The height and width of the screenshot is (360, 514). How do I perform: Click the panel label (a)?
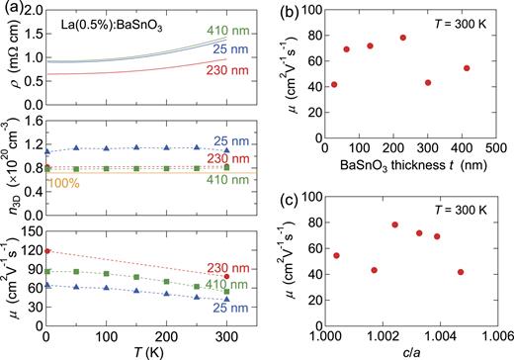point(12,8)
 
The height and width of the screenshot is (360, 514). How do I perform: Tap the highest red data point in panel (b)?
point(403,38)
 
